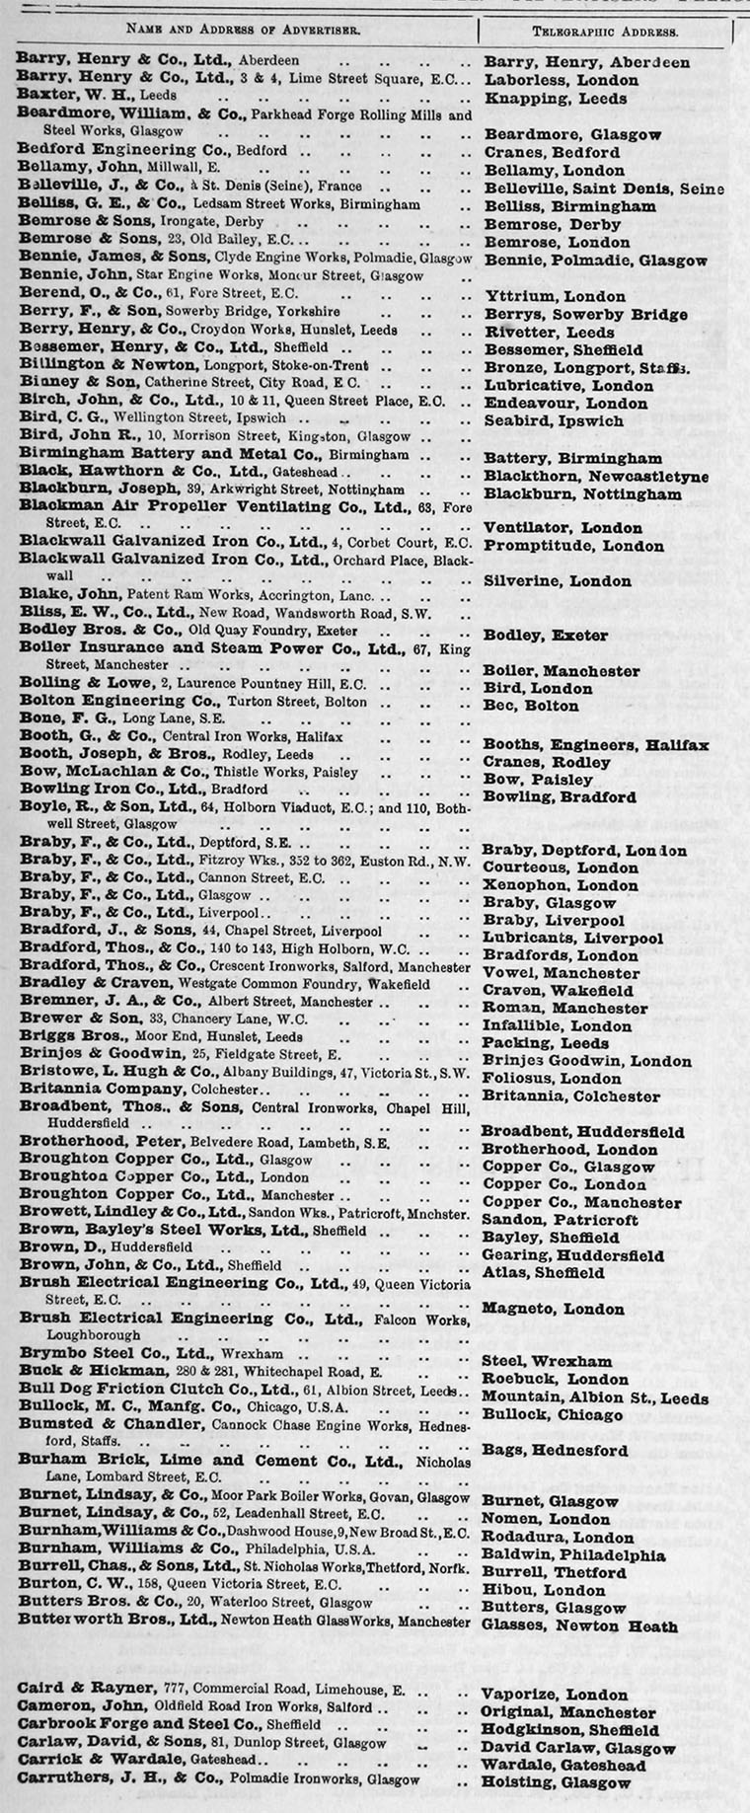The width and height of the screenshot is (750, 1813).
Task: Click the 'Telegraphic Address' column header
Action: [x=605, y=31]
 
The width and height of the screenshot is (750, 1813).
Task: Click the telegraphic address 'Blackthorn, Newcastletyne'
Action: [x=596, y=477]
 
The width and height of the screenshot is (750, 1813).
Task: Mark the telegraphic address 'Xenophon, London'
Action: [x=560, y=886]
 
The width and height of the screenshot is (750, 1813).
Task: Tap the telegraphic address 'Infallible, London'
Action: [x=557, y=1025]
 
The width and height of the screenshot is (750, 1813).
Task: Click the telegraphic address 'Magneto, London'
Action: [x=553, y=1310]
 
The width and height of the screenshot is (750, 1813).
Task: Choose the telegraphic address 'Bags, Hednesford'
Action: [x=555, y=1450]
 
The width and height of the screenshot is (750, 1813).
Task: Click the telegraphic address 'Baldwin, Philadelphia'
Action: [x=573, y=1555]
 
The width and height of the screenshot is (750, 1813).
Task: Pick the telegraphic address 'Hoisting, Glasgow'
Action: [x=556, y=1782]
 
